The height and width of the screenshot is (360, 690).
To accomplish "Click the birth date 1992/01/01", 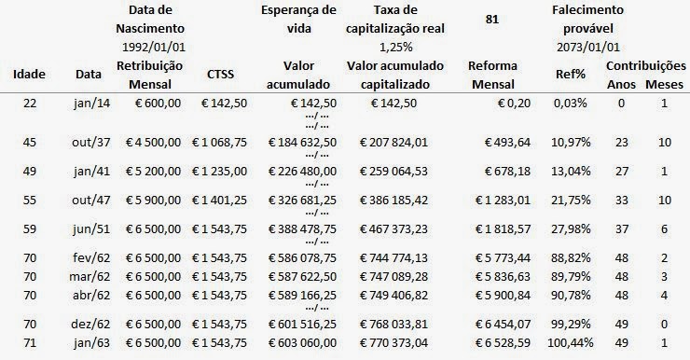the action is point(154,47).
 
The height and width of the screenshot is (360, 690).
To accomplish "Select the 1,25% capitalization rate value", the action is point(395,47).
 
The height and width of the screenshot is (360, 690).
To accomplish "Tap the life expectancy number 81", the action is point(492,20).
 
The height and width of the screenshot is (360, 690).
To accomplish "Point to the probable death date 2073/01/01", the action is point(588,47).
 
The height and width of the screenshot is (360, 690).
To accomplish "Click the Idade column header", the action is point(29,74).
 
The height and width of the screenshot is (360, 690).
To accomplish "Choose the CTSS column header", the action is point(220,75).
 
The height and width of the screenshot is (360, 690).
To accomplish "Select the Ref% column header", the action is point(571,75).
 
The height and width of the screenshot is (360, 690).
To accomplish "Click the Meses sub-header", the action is point(664,84).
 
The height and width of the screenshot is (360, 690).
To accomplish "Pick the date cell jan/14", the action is point(92,104).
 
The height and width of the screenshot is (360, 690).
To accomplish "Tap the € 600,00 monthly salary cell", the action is point(153,104).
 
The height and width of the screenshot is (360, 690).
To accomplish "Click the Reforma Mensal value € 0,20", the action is point(514,104).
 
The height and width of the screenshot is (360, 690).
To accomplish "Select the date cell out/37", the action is point(91,143).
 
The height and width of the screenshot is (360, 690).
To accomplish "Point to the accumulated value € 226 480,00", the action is point(302,172).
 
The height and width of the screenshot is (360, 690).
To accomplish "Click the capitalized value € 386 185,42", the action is point(393,201).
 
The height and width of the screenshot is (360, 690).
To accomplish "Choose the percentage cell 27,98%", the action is point(571,229).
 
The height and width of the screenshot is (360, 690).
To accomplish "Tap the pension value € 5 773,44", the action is point(503,258).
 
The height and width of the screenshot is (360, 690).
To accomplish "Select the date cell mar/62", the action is point(90,277).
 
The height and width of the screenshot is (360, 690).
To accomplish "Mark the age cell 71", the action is point(30,343).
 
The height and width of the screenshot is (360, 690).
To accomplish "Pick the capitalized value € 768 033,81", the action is point(393,325).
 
